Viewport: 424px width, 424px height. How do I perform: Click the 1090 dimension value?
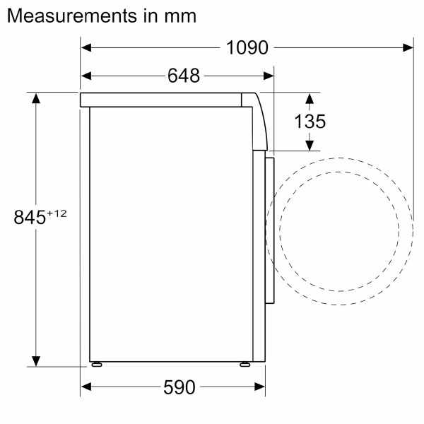(247, 47)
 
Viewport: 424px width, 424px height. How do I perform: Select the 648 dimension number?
(184, 75)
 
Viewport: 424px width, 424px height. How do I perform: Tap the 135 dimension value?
(310, 122)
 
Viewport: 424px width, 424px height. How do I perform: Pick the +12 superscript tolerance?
(57, 212)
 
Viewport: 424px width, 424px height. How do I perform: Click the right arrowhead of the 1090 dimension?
(408, 47)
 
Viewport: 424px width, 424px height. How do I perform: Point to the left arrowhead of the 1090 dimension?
(86, 47)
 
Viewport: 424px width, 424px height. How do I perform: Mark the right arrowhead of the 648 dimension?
(269, 75)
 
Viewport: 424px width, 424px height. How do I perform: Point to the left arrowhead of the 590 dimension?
(86, 387)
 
